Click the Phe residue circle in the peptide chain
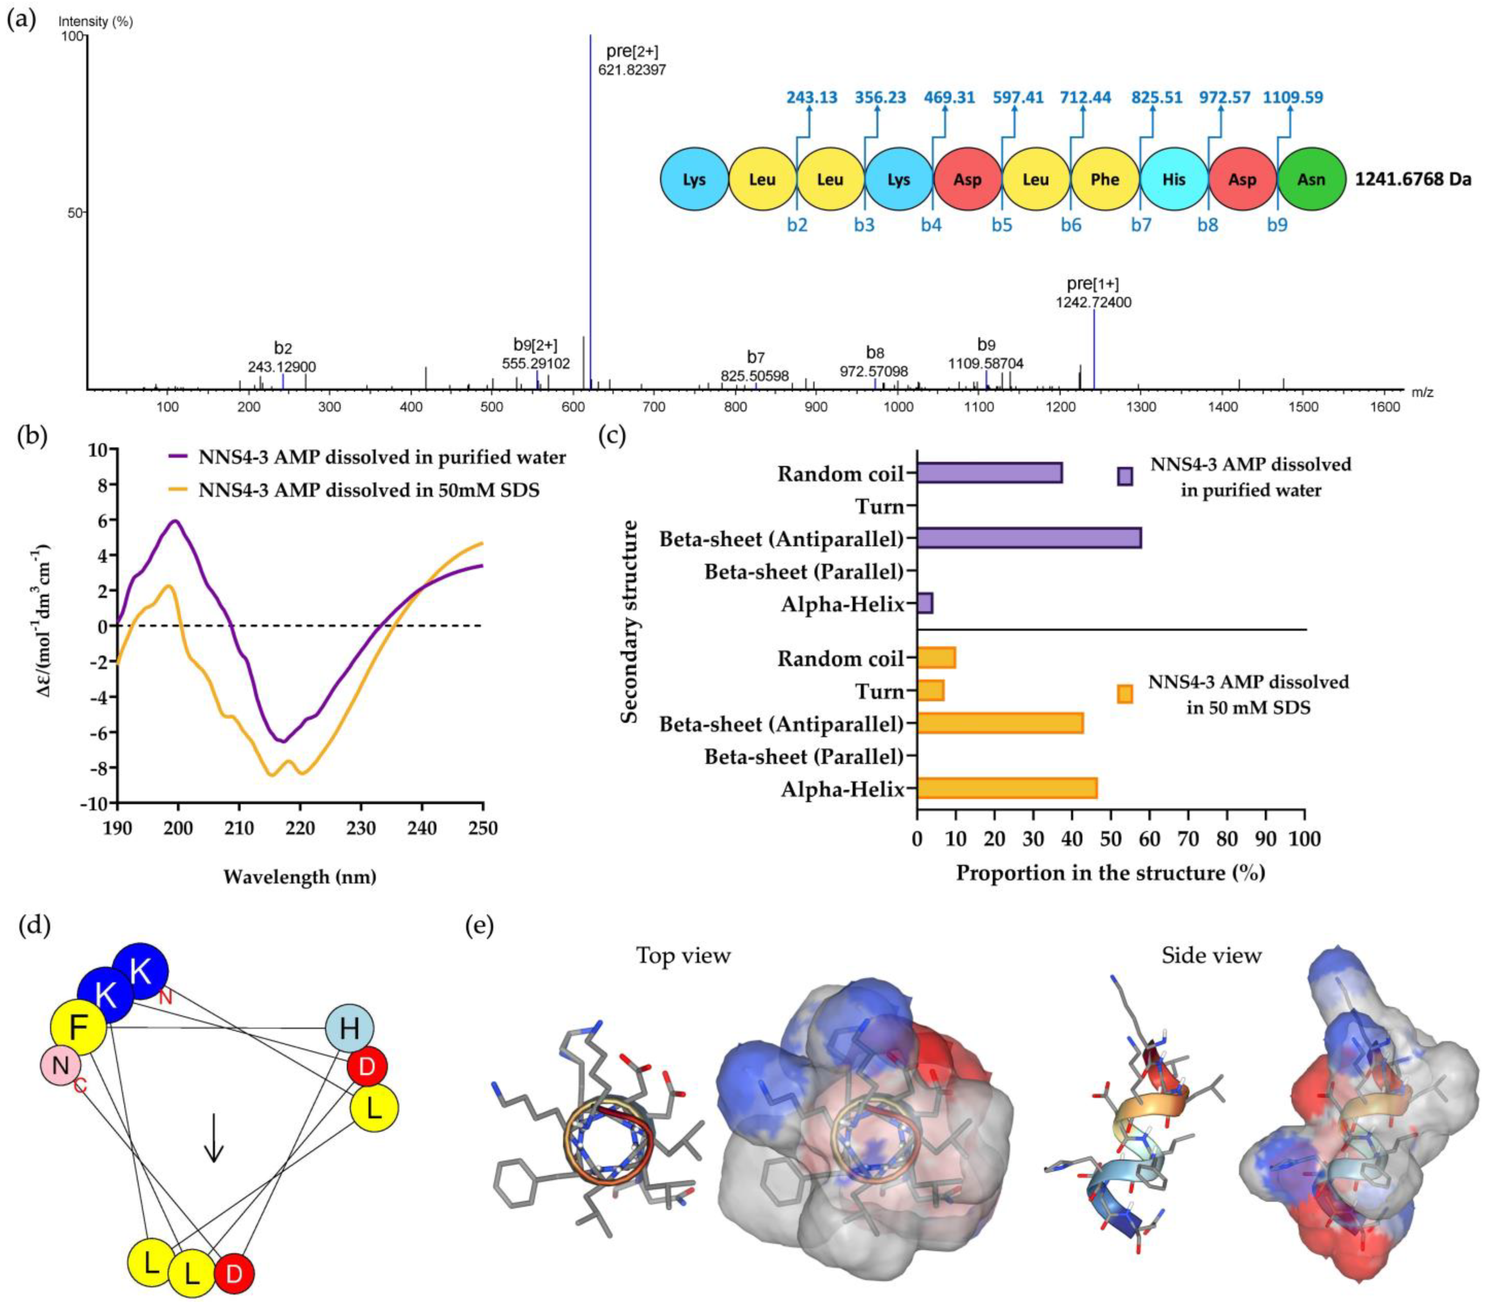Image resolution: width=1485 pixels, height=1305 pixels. [1104, 179]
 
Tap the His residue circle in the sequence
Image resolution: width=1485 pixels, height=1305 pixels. [1173, 179]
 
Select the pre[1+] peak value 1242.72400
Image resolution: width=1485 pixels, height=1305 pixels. [1094, 302]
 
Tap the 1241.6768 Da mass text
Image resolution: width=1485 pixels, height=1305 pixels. [1412, 179]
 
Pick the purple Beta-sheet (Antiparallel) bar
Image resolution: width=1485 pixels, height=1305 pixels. [1029, 538]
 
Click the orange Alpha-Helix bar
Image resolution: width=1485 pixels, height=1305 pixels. [1007, 788]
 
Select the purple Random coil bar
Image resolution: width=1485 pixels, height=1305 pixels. [990, 473]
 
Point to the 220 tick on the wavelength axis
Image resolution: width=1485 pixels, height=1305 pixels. [300, 828]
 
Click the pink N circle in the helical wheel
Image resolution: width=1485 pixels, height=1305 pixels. [61, 1065]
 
